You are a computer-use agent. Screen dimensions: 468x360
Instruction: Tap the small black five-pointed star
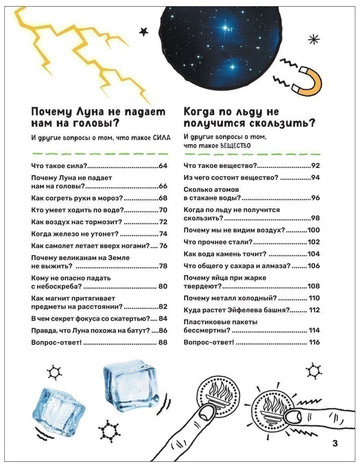click(x=144, y=32)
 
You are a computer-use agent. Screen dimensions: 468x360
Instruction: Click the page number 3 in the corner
click(x=335, y=443)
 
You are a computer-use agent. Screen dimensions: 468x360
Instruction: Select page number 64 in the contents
click(x=163, y=166)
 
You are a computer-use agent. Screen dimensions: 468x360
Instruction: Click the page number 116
click(x=314, y=342)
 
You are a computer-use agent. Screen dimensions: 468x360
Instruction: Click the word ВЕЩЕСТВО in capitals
click(x=235, y=145)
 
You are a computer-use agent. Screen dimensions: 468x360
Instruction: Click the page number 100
click(x=314, y=230)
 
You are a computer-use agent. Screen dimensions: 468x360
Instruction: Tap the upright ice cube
click(x=131, y=384)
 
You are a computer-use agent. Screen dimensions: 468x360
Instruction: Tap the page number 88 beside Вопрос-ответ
click(x=163, y=342)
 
